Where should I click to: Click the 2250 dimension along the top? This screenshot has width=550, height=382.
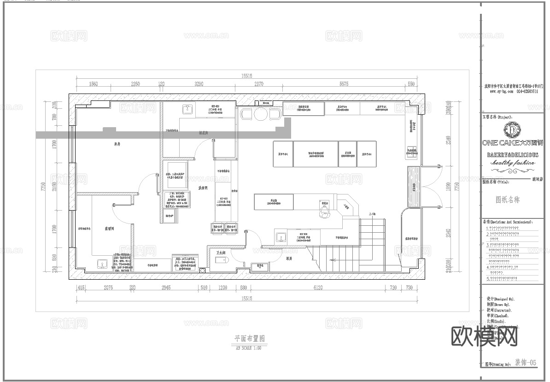[135, 84]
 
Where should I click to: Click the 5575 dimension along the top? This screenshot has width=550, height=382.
[344, 84]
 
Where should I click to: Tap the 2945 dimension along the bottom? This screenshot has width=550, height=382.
[166, 288]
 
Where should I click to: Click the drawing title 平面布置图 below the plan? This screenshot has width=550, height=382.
[249, 339]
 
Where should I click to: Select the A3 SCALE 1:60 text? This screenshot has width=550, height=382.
[249, 348]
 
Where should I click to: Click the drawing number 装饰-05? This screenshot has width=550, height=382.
[525, 363]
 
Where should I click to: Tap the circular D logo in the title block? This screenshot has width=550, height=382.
[512, 130]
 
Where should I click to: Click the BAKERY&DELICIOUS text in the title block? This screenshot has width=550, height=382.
[512, 155]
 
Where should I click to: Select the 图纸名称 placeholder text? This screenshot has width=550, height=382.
[507, 200]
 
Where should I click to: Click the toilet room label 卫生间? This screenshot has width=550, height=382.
[221, 253]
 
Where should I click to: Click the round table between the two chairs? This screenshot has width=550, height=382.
[261, 114]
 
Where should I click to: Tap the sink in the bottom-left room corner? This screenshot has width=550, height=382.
[102, 264]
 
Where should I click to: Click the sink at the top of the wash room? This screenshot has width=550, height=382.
[188, 109]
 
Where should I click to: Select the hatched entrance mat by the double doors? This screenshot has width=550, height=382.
[412, 187]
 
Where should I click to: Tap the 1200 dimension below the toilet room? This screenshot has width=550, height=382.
[222, 288]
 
